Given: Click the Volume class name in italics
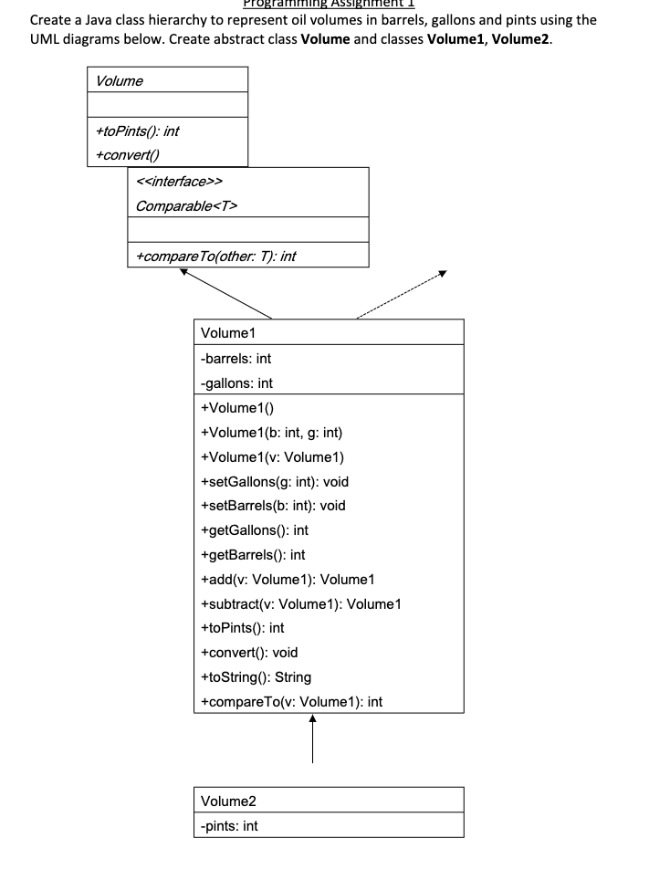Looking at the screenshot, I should tap(119, 81).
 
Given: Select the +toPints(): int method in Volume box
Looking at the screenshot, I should tap(139, 131).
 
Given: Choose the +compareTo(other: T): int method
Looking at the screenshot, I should tap(215, 257).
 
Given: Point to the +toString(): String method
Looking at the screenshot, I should tap(255, 676).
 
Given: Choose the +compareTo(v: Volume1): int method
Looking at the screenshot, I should tap(290, 701).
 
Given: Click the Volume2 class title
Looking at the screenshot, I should tap(227, 801).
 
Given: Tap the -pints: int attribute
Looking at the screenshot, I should tap(228, 825).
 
